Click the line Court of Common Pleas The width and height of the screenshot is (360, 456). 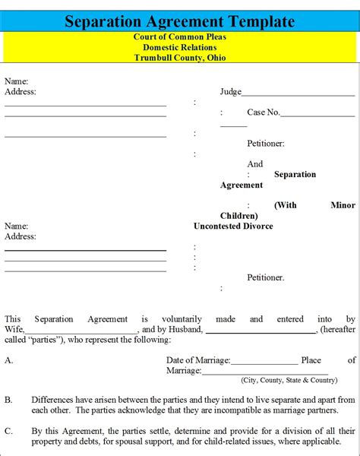[x=179, y=37]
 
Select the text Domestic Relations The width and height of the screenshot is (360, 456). [x=179, y=48]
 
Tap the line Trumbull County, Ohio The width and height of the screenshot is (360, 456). [x=179, y=59]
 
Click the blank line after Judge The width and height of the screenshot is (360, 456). [x=298, y=94]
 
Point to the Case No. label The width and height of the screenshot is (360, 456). [x=263, y=112]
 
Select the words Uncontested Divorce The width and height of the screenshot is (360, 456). [x=233, y=226]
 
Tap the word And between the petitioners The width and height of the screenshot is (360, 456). [x=255, y=163]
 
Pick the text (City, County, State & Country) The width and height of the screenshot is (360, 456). [x=289, y=380]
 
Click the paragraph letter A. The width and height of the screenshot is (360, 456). [x=8, y=360]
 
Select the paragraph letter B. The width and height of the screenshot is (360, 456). [x=8, y=399]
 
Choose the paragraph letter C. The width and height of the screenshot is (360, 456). [x=8, y=430]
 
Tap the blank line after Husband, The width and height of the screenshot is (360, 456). [x=261, y=332]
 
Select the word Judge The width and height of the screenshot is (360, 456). [x=231, y=92]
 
